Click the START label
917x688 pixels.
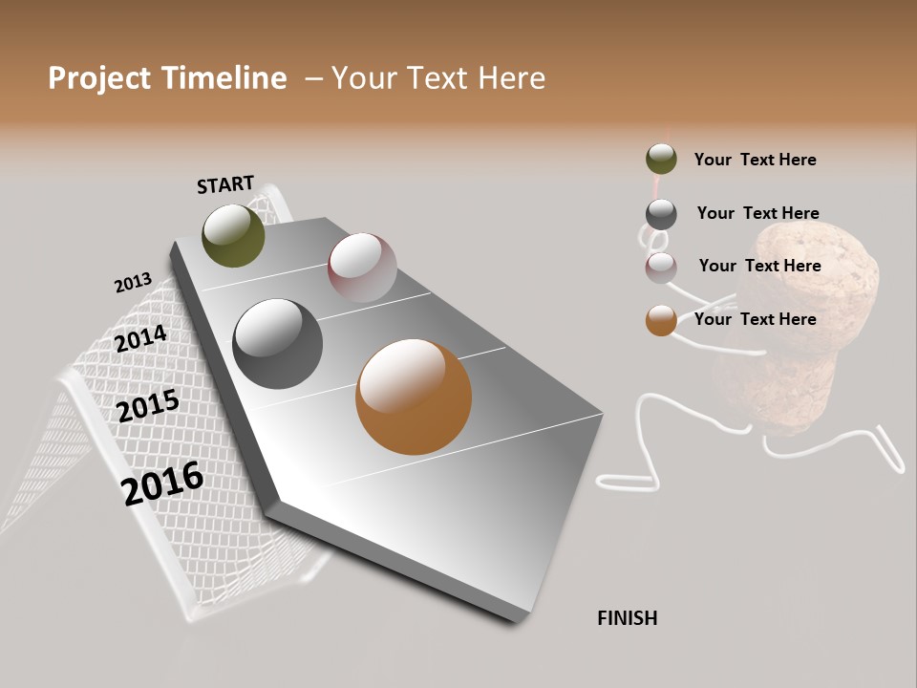[x=225, y=184]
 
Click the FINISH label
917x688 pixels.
[x=627, y=618]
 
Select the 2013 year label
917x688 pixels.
[x=133, y=283]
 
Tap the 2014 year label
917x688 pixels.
[x=140, y=339]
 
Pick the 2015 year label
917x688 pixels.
[x=148, y=406]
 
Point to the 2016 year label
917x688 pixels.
[x=162, y=484]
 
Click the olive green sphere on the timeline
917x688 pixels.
[x=233, y=235]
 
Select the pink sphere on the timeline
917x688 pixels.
[x=362, y=268]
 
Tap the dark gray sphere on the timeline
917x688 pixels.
[x=278, y=344]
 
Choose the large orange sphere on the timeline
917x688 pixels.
[x=414, y=397]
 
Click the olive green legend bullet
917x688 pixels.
[x=661, y=159]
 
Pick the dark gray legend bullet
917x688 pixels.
[x=661, y=214]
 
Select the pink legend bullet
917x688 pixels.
[x=661, y=268]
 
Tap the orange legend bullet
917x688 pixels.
[x=661, y=320]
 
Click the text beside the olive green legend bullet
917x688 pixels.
[x=755, y=160]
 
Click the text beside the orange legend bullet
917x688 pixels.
[x=755, y=319]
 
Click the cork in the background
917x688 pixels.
[x=812, y=306]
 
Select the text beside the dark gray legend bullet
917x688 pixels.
[x=757, y=213]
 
